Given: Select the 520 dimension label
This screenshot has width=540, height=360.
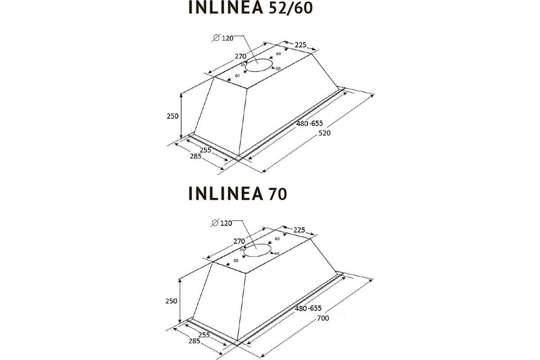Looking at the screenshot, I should coord(324,133).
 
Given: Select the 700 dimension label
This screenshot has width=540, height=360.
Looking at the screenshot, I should coord(324,318).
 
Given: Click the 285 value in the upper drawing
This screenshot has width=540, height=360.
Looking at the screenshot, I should coord(182,157).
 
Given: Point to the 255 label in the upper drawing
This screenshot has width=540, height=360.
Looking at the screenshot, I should coord(205,150).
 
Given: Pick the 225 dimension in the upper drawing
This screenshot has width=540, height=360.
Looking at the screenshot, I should coord(301,45).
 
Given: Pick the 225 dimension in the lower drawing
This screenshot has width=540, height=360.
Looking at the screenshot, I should coord(299,230).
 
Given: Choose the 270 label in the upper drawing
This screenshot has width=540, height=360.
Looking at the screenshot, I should coord(240,56).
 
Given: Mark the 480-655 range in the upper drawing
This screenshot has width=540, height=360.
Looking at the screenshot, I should coord(310,123).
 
